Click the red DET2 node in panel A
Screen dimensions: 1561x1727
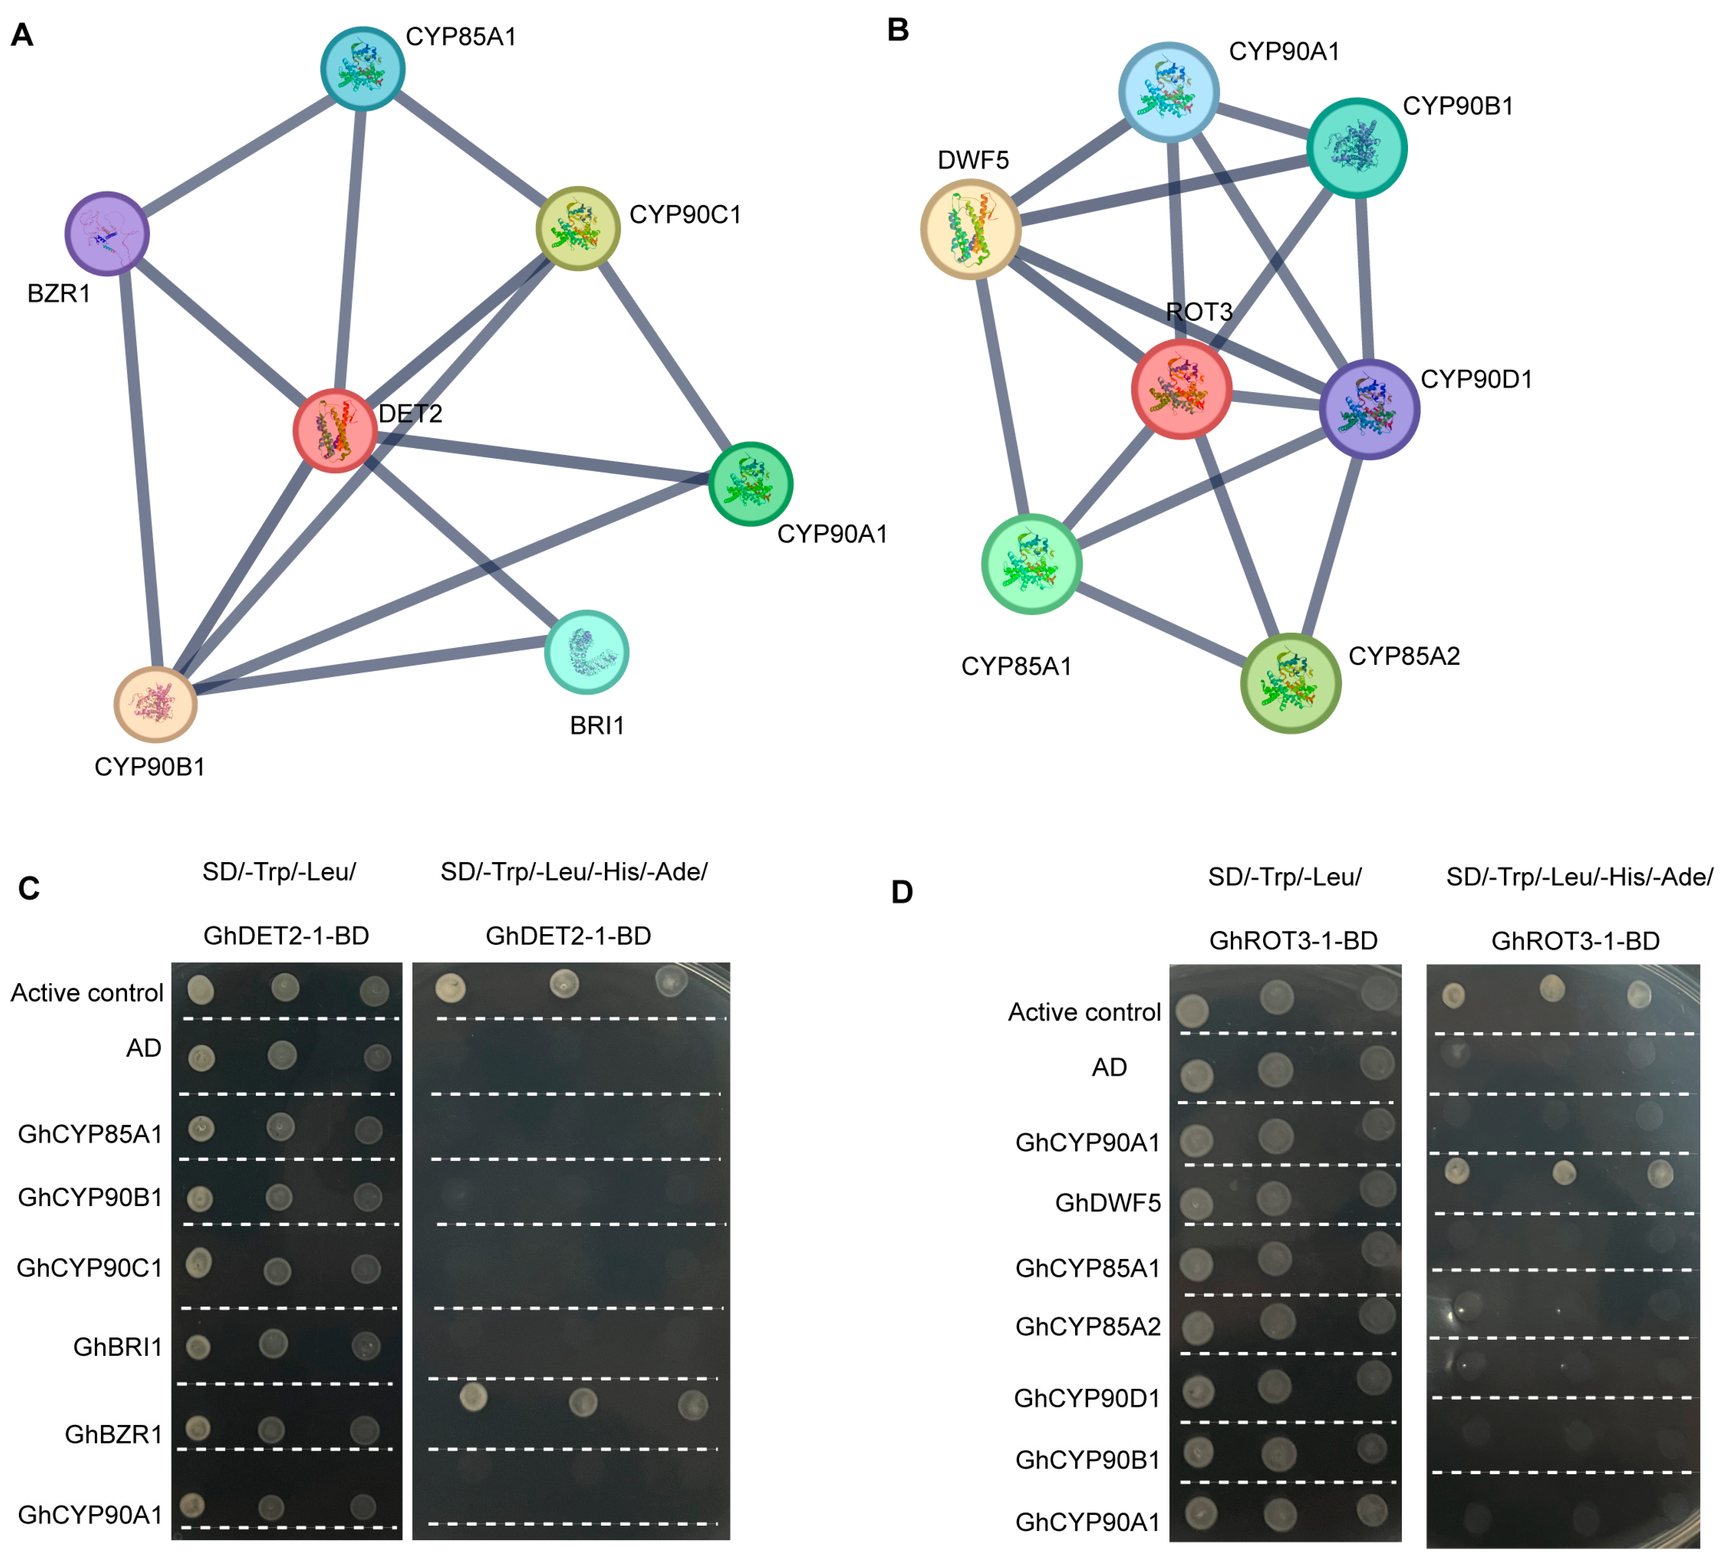[335, 431]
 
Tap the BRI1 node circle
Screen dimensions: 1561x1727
[587, 652]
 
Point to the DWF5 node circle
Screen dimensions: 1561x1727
[971, 230]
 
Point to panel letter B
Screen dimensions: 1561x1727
[898, 30]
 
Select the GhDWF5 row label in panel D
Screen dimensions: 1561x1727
[1108, 1203]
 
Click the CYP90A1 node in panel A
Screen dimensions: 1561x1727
[750, 484]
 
